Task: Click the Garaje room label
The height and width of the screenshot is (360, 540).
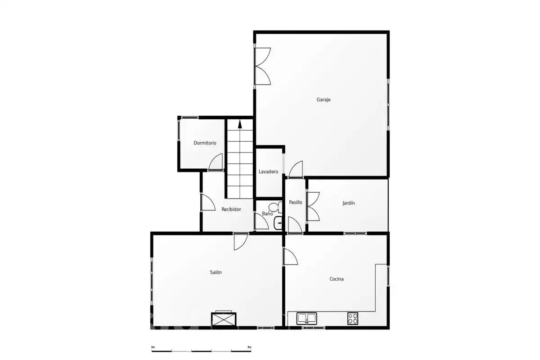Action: coord(323,99)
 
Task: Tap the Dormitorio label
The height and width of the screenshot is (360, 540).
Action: coord(205,143)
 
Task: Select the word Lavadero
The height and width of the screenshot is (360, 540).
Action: coord(268,172)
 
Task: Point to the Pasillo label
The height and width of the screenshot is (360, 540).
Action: coord(295,202)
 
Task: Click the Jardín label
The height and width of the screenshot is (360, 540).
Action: coord(349,203)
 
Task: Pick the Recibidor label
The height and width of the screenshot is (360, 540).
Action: coord(231,209)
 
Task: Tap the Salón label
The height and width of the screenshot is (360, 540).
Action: coord(216,272)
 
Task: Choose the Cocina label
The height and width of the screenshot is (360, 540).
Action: coord(337,279)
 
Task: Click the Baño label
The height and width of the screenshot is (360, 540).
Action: coord(267,214)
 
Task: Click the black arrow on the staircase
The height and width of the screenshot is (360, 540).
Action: coord(240,124)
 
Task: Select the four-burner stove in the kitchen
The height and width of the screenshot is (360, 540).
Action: coord(353,318)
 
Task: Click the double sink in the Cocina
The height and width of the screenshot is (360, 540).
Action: coord(306,318)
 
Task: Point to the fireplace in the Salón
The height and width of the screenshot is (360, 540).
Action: coord(224,319)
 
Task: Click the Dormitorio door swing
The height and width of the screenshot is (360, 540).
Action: coord(216,162)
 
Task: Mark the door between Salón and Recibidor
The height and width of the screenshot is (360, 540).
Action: coord(241,241)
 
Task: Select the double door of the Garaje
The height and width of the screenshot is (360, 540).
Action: coord(262,66)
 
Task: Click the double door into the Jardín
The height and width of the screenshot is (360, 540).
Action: coord(313,207)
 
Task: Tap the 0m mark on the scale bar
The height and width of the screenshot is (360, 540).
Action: coord(153,347)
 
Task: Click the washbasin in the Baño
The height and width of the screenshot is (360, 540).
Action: coord(278,223)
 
